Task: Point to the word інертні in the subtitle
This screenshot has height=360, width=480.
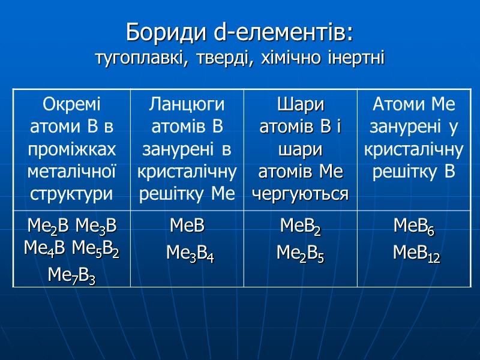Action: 357,59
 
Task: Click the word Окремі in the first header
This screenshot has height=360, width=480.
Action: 72,106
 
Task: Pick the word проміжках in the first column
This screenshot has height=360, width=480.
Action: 72,149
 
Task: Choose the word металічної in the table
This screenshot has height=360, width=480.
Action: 72,172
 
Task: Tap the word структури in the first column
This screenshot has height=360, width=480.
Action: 72,194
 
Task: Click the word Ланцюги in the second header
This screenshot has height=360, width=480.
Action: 187,106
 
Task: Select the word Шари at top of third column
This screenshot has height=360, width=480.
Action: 300,106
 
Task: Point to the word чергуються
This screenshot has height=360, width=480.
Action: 300,194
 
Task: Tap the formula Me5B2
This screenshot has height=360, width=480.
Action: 97,248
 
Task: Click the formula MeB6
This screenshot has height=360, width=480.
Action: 414,227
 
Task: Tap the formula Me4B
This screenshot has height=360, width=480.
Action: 46,248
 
